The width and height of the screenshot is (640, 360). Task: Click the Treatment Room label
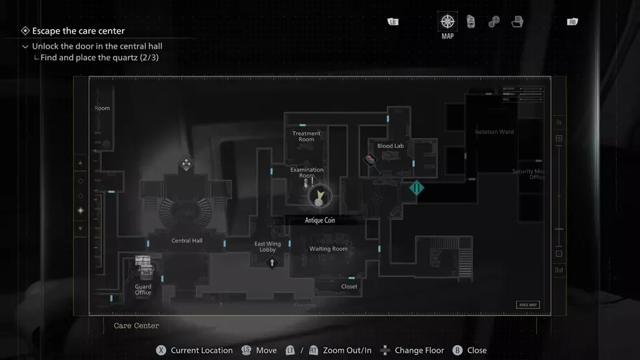306,136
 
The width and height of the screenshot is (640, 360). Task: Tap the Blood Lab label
391,146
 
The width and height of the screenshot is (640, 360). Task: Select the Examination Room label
307,173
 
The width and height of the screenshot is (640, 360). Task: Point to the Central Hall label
187,241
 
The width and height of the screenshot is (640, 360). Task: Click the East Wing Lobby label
267,246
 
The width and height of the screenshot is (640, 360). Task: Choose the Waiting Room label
328,248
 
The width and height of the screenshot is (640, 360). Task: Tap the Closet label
349,286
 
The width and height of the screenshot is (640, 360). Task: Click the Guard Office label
143,289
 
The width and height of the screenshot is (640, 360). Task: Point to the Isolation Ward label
495,132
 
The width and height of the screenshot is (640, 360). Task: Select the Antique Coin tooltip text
320,221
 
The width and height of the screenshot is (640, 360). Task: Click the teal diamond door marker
417,188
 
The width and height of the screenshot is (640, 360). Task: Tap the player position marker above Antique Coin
319,195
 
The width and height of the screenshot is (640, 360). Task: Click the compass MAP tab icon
447,21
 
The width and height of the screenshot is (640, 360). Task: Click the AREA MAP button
528,305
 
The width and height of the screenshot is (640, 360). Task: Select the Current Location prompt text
201,350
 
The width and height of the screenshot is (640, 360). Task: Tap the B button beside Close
458,350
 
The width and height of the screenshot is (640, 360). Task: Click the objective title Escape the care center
79,30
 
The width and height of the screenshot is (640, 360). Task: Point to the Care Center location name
136,326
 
